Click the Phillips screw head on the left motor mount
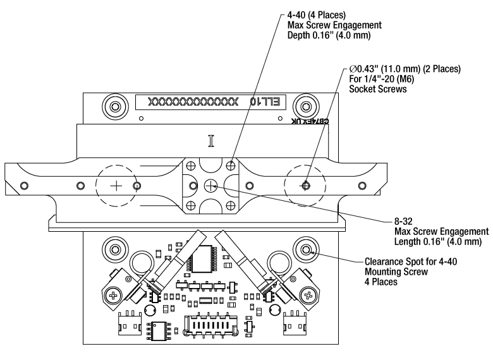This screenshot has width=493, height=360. [x=114, y=295]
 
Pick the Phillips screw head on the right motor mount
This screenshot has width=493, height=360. [x=308, y=294]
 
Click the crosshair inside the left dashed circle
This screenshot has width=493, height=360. [x=116, y=186]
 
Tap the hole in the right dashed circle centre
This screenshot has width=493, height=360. [x=306, y=185]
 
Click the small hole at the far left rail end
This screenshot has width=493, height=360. [x=25, y=186]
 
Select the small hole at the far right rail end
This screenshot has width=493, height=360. [x=361, y=186]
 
